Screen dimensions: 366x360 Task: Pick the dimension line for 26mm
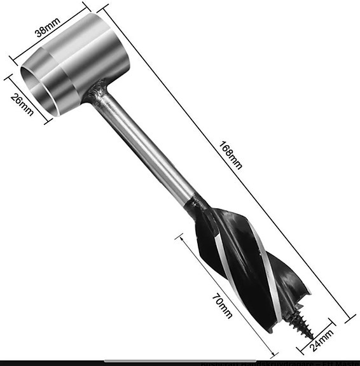tap(27, 99)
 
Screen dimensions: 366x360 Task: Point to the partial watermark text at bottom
tap(280, 363)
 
